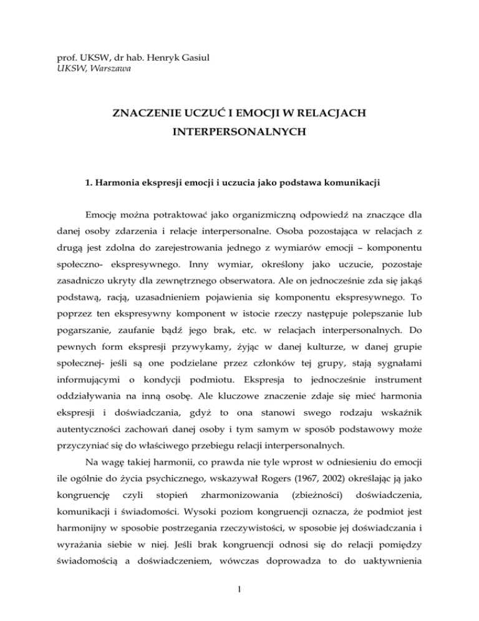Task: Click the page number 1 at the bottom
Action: pyautogui.click(x=239, y=603)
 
